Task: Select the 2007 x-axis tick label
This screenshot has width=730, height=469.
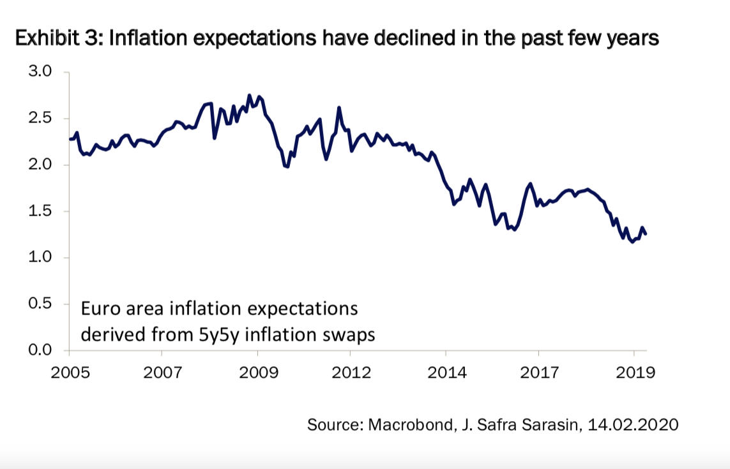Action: (x=162, y=371)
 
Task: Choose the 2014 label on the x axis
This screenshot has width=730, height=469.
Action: (x=446, y=371)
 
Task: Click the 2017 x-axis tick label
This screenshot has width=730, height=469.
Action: (x=538, y=371)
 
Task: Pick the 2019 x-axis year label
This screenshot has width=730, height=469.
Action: (x=634, y=371)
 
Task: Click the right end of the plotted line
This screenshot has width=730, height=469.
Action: (x=646, y=234)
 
